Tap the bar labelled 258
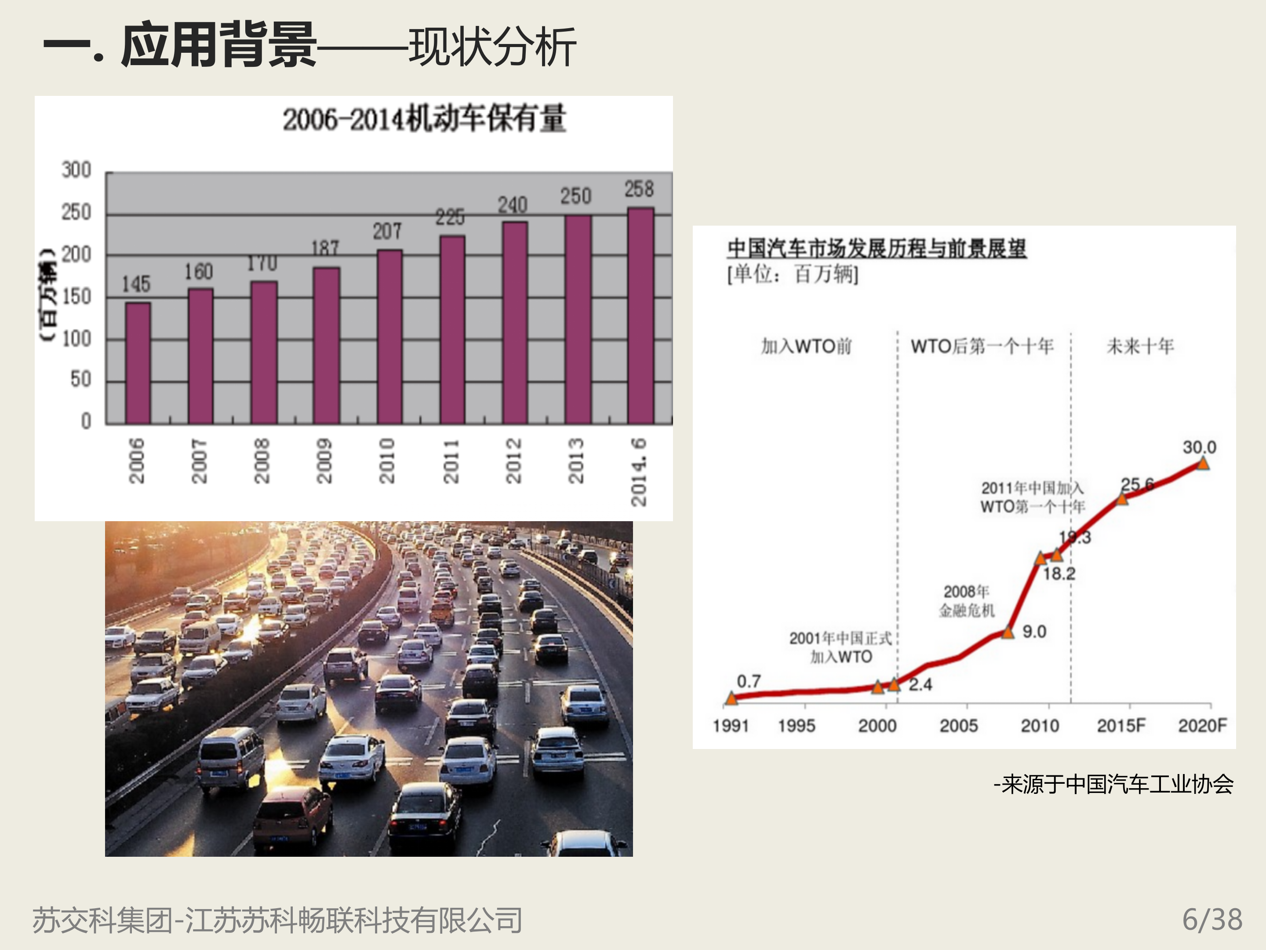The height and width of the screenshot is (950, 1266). pyautogui.click(x=640, y=315)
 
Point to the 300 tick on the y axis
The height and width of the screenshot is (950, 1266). pyautogui.click(x=76, y=170)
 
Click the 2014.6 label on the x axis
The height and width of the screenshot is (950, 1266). pyautogui.click(x=639, y=472)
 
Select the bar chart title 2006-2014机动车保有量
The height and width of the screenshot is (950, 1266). pyautogui.click(x=424, y=119)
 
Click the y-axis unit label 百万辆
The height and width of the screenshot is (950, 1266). pyautogui.click(x=49, y=296)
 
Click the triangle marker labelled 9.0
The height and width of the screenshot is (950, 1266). pyautogui.click(x=1008, y=632)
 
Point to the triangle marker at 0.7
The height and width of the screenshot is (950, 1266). pyautogui.click(x=731, y=698)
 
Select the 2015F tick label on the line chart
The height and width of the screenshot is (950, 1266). pyautogui.click(x=1120, y=726)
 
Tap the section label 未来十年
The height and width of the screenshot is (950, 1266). pyautogui.click(x=1139, y=346)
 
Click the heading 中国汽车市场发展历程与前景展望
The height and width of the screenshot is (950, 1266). pyautogui.click(x=877, y=248)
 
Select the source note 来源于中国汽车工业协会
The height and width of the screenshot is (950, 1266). pyautogui.click(x=1113, y=784)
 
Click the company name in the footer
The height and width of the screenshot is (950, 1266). pyautogui.click(x=277, y=920)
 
